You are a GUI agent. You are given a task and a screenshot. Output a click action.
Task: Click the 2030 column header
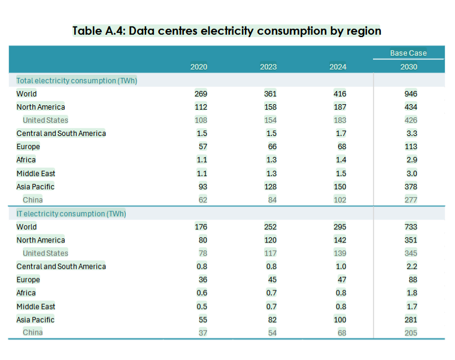409,66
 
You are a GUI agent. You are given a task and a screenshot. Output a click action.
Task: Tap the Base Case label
408,53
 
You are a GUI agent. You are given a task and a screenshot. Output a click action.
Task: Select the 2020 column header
199,66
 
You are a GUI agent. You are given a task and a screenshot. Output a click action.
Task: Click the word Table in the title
89,31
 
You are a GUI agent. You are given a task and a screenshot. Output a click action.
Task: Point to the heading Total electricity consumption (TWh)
77,80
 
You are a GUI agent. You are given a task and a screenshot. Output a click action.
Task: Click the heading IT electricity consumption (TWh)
71,213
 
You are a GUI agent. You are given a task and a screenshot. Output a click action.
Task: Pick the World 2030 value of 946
411,93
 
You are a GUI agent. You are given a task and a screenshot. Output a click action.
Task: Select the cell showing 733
411,226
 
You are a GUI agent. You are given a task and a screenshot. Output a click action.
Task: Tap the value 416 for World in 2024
339,93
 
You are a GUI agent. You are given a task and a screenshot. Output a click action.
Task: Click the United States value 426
411,120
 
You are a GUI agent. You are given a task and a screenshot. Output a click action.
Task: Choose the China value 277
411,199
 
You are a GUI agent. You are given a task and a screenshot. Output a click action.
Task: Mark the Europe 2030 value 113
411,147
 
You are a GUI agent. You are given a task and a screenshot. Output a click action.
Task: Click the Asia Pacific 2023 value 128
270,186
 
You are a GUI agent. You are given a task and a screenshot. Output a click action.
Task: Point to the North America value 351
411,240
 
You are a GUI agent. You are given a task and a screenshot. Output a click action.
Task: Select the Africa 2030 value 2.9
411,160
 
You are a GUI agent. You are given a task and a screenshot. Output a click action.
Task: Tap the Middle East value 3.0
411,173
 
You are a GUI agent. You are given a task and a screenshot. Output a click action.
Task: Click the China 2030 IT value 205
411,332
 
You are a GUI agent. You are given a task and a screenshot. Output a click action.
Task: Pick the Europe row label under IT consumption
28,280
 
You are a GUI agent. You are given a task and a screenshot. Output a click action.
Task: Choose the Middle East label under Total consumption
36,173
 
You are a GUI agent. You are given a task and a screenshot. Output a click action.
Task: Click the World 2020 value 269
201,93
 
